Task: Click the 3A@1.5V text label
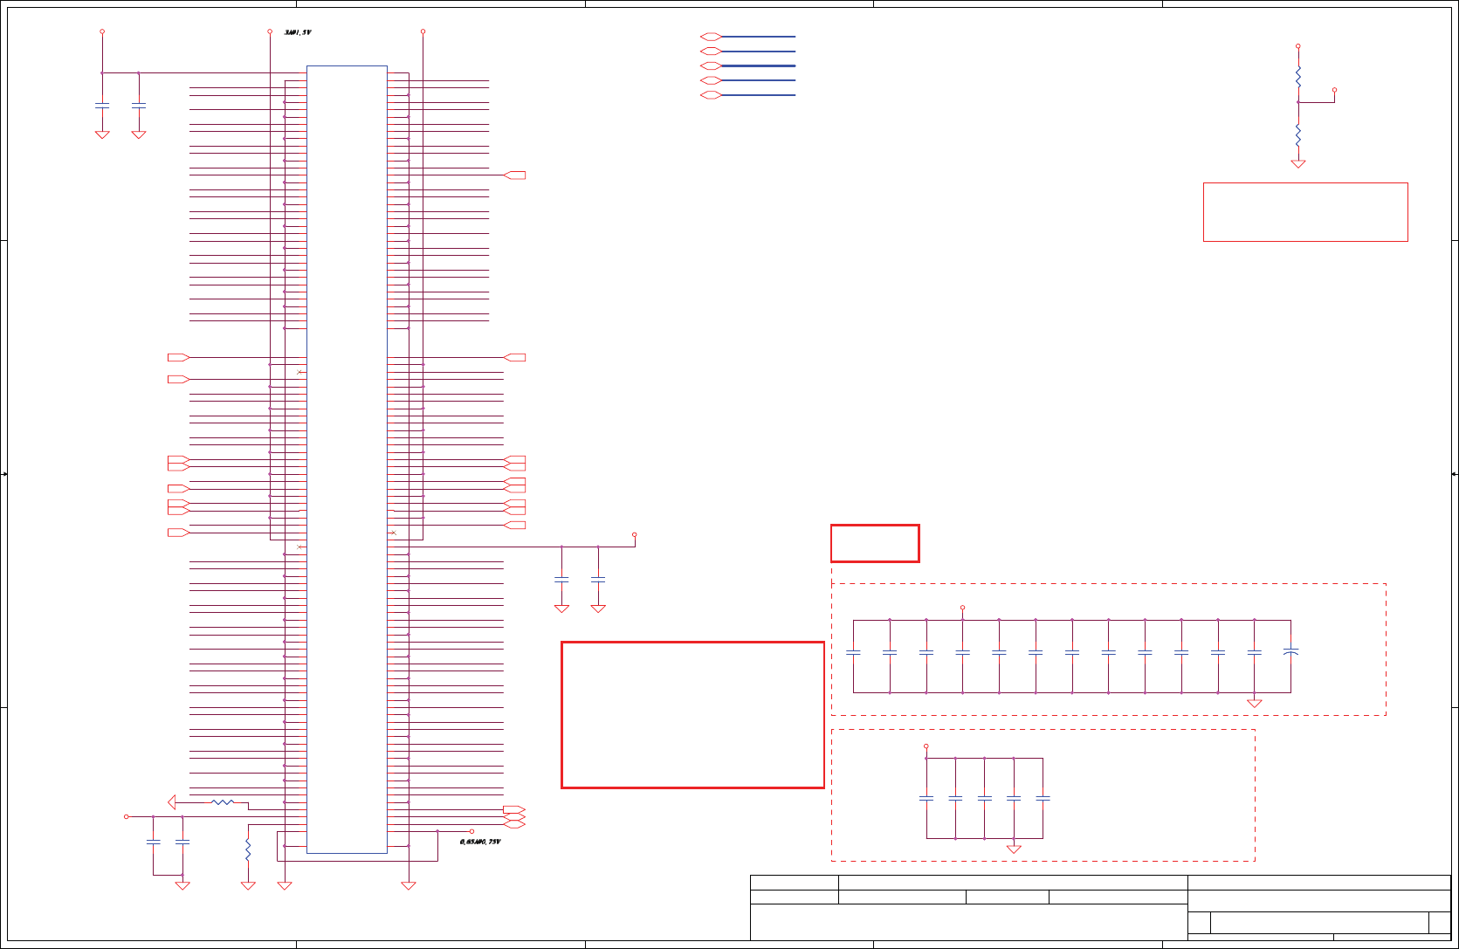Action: click(x=298, y=32)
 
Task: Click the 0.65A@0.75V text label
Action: click(x=480, y=842)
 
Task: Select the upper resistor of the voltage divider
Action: click(x=1298, y=77)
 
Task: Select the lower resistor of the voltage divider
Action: click(x=1298, y=134)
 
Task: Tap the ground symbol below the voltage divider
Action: click(x=1298, y=163)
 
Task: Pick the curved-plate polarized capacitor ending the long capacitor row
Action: click(x=1290, y=651)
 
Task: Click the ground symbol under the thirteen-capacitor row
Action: click(x=1255, y=703)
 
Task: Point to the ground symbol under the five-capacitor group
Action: click(x=1014, y=849)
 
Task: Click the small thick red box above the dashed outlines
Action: click(x=875, y=543)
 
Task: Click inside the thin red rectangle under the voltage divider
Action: click(x=1305, y=212)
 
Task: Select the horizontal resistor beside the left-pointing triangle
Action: click(x=223, y=801)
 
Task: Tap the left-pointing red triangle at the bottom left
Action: click(x=172, y=801)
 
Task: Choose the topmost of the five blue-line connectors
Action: click(x=711, y=37)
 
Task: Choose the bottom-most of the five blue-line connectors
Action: click(x=711, y=94)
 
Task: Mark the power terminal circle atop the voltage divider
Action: click(x=1298, y=45)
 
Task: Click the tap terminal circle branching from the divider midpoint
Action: click(x=1334, y=90)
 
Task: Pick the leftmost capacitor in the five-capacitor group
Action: click(x=926, y=798)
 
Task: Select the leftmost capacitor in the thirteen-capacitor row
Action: click(x=854, y=651)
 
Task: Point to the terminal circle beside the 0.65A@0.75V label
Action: click(x=471, y=831)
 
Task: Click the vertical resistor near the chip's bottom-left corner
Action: click(x=248, y=849)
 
